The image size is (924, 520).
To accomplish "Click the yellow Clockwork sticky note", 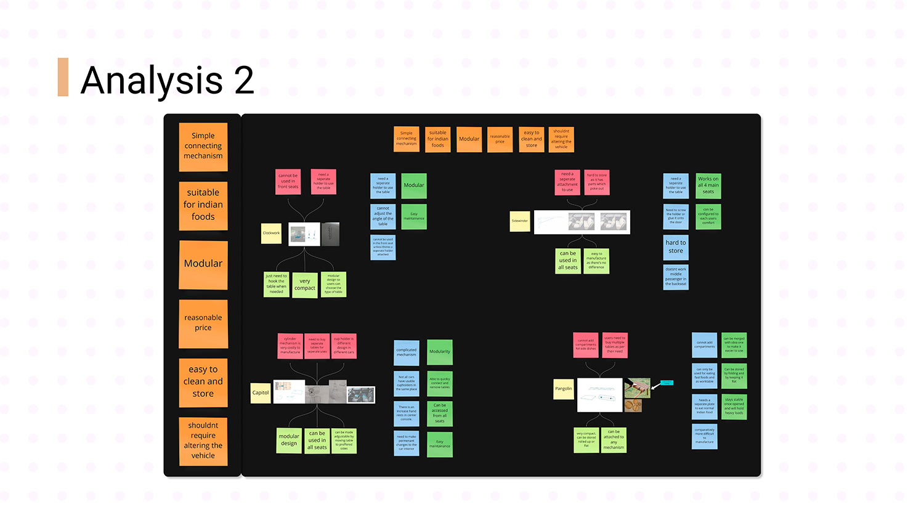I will tap(271, 233).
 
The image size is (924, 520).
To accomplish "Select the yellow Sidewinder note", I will tap(520, 221).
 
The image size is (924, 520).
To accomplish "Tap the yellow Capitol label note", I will tap(261, 392).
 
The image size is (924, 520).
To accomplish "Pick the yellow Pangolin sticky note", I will tap(563, 389).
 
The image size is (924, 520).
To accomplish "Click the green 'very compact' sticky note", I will tap(304, 285).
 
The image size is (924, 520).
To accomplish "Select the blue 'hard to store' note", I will tap(676, 246).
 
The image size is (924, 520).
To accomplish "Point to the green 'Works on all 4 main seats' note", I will tap(708, 185).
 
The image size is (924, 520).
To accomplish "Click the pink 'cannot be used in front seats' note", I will tap(288, 181).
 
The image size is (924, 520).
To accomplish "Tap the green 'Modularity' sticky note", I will tap(440, 352).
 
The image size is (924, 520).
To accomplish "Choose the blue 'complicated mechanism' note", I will tap(407, 352).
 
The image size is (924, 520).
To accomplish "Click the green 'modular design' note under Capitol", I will tap(289, 440).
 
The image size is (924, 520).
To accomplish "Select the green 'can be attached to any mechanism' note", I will tap(614, 440).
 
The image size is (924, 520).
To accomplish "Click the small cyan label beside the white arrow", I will tap(667, 383).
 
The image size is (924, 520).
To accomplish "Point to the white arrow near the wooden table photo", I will tap(655, 386).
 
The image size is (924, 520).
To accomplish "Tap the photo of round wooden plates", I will tap(634, 405).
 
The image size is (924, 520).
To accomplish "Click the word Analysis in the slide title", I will tap(152, 80).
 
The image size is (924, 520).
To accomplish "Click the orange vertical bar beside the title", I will tap(63, 77).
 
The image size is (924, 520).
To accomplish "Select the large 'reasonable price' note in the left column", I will tap(203, 323).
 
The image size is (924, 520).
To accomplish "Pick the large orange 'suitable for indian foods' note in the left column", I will tap(203, 205).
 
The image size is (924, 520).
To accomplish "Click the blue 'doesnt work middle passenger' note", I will tap(676, 277).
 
